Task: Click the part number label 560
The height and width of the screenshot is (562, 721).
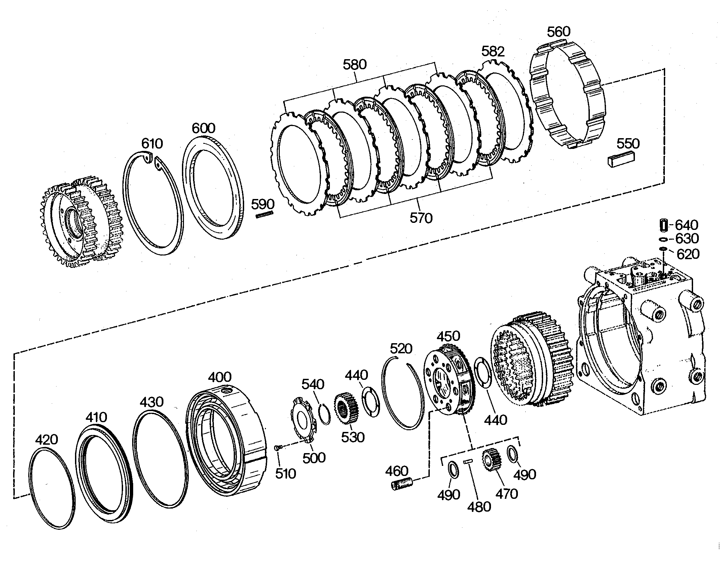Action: tap(559, 32)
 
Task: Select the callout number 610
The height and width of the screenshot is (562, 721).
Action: tap(152, 144)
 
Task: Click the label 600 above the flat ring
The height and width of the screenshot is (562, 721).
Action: tap(203, 128)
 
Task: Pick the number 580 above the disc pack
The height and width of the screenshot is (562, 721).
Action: tap(354, 65)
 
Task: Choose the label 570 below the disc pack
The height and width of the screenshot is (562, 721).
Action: tap(421, 218)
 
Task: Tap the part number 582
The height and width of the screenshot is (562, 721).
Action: tap(493, 51)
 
